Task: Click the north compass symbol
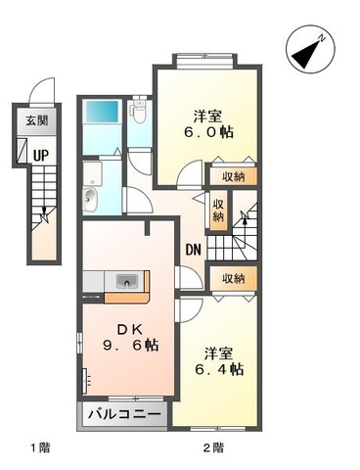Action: point(310,50)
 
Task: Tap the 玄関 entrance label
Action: point(37,120)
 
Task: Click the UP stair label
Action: point(41,155)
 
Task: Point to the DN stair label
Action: point(193,250)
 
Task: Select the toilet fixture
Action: point(139,111)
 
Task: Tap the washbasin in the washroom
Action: point(90,199)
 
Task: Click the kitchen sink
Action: point(127,281)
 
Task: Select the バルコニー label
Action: point(124,414)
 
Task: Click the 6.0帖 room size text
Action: point(208,132)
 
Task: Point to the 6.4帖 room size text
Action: point(219,369)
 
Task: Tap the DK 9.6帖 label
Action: point(131,337)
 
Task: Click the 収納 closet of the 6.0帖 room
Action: point(234,176)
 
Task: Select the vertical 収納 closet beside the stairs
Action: point(218,211)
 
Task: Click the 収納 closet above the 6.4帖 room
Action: point(234,278)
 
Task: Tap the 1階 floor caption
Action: point(40,447)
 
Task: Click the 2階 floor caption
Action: point(213,447)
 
